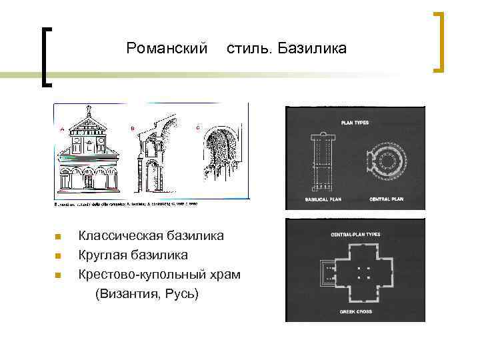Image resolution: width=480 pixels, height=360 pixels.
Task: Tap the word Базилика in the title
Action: [312, 49]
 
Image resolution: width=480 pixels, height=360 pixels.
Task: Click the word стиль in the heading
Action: [249, 49]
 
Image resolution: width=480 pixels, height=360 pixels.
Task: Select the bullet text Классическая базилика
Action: [151, 235]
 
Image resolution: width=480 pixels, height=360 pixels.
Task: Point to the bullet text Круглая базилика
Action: [133, 255]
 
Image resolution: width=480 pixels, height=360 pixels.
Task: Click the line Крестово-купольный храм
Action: [159, 274]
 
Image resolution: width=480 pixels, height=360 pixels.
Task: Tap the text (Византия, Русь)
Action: [147, 293]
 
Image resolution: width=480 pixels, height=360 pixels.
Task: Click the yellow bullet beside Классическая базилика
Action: [58, 236]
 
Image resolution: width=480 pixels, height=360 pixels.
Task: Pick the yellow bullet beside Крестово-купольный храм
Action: [58, 275]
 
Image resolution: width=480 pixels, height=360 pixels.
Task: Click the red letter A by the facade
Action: [62, 129]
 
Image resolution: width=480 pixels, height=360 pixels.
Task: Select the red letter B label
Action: [132, 127]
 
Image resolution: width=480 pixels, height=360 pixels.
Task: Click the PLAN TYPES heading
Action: [355, 123]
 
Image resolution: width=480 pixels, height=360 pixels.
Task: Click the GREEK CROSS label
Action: [355, 312]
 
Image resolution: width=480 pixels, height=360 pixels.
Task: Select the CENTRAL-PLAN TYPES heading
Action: [355, 235]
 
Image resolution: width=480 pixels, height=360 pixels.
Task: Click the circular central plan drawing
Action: [385, 158]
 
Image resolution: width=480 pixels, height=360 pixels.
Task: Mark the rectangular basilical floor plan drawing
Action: [323, 160]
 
